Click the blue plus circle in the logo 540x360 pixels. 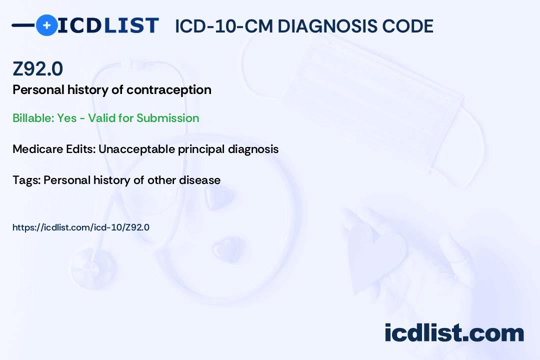tap(46, 25)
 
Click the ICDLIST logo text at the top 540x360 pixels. tap(108, 25)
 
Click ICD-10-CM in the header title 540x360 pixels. tap(223, 26)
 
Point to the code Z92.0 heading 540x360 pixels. tap(38, 69)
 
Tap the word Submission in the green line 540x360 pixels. tap(167, 118)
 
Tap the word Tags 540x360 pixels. tap(25, 180)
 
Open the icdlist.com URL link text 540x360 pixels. tap(81, 227)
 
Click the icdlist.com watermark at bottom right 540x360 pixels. tap(454, 333)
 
